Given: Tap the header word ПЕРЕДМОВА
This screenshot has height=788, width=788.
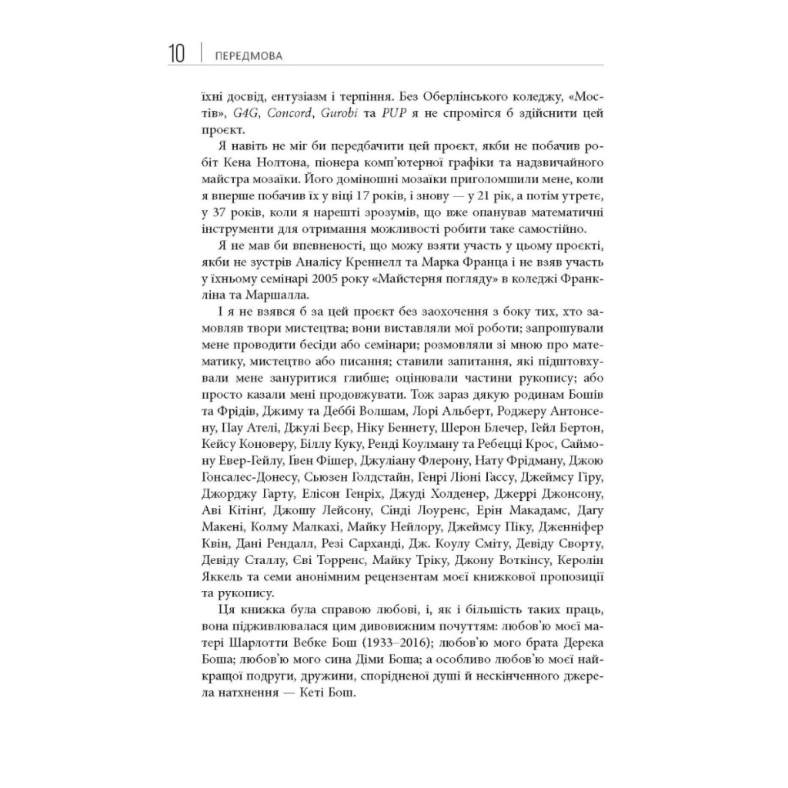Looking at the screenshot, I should click(x=249, y=56).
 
